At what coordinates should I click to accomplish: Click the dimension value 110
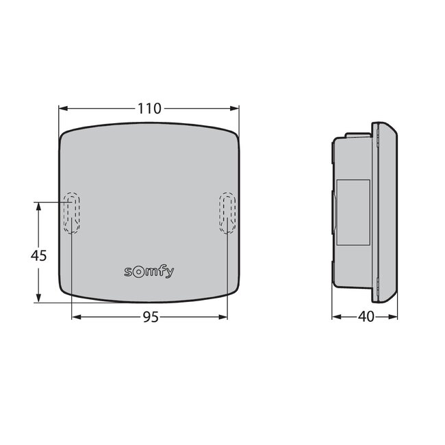(149, 108)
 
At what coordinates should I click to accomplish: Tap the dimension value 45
(39, 255)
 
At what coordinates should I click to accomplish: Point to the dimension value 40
(365, 317)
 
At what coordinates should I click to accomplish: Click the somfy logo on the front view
(149, 272)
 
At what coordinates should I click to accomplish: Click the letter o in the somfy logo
(138, 271)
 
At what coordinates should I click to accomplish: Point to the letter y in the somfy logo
(168, 272)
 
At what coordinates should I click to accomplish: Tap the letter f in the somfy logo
(160, 270)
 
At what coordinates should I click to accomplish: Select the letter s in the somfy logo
(128, 272)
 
